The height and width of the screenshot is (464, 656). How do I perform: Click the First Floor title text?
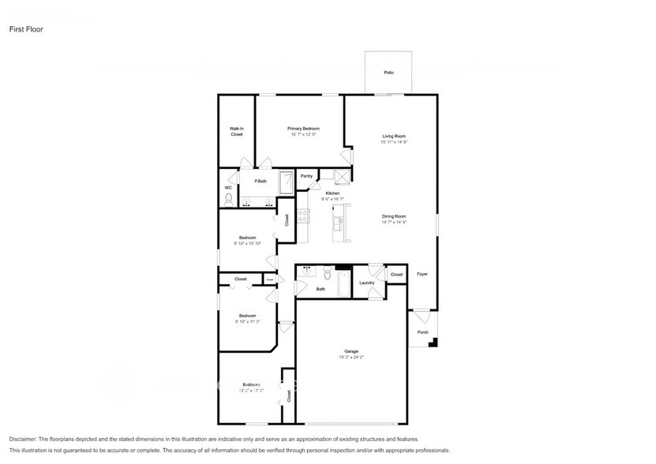(x=26, y=29)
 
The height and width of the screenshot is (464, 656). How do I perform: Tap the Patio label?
(x=388, y=73)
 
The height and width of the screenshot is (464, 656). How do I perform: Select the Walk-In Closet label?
(x=236, y=132)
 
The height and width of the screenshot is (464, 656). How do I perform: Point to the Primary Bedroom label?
(x=303, y=128)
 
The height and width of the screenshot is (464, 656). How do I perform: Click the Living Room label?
(x=394, y=137)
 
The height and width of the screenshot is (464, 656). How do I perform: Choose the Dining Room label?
(x=394, y=216)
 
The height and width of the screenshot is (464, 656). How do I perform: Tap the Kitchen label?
(x=333, y=193)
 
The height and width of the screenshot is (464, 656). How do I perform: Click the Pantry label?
(x=306, y=176)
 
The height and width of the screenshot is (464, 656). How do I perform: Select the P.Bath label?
(x=260, y=181)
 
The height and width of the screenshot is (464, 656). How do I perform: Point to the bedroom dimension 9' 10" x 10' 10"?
(x=247, y=244)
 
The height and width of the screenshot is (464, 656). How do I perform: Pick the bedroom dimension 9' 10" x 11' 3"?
(x=247, y=322)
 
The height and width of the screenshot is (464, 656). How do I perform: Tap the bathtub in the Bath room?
(x=344, y=286)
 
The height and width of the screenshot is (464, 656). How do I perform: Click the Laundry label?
(x=366, y=283)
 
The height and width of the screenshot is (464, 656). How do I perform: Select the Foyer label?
(x=422, y=274)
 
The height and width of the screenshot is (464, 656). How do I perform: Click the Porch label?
(x=422, y=332)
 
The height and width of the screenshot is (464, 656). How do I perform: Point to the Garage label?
(x=351, y=351)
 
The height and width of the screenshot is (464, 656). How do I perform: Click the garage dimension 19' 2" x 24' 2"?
(x=351, y=357)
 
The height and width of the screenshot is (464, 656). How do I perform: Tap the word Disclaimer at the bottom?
(x=24, y=439)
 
